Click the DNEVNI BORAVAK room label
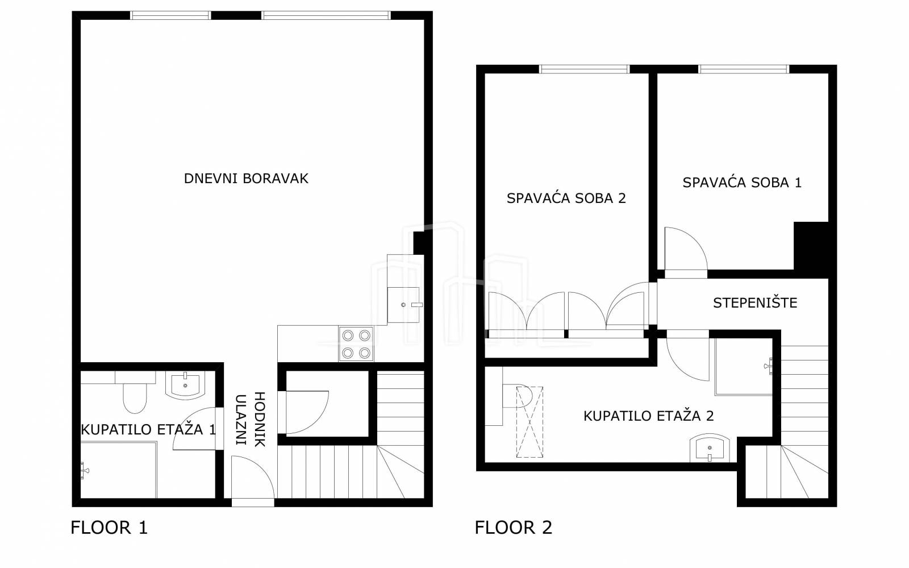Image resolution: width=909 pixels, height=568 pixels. point(246,179)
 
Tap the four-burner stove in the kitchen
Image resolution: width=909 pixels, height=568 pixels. point(356,344)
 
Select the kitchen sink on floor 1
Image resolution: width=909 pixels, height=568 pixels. point(403,305)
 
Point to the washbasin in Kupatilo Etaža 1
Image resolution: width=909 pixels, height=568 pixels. point(185,385)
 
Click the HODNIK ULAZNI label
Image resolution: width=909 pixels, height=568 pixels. point(251,420)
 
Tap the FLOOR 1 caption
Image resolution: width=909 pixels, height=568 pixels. point(109,528)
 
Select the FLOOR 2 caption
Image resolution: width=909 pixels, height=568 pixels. point(514,528)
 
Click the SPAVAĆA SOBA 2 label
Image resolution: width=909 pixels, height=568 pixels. point(566,198)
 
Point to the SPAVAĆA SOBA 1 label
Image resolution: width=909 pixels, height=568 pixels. point(742,183)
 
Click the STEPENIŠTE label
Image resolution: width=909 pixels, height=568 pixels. point(755,303)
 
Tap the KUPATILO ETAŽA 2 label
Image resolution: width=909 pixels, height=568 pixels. point(648,416)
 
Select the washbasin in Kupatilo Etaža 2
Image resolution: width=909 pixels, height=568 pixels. point(710,448)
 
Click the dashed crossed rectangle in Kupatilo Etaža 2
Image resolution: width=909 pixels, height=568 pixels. point(529,422)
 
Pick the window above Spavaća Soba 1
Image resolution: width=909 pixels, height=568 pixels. point(744,69)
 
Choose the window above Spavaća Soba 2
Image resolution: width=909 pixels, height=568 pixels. point(585,69)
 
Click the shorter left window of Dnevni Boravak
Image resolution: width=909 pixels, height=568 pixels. point(170,15)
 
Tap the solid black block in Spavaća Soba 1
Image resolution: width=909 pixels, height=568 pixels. point(811,249)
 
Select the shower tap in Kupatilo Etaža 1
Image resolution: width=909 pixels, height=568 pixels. point(85,471)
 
